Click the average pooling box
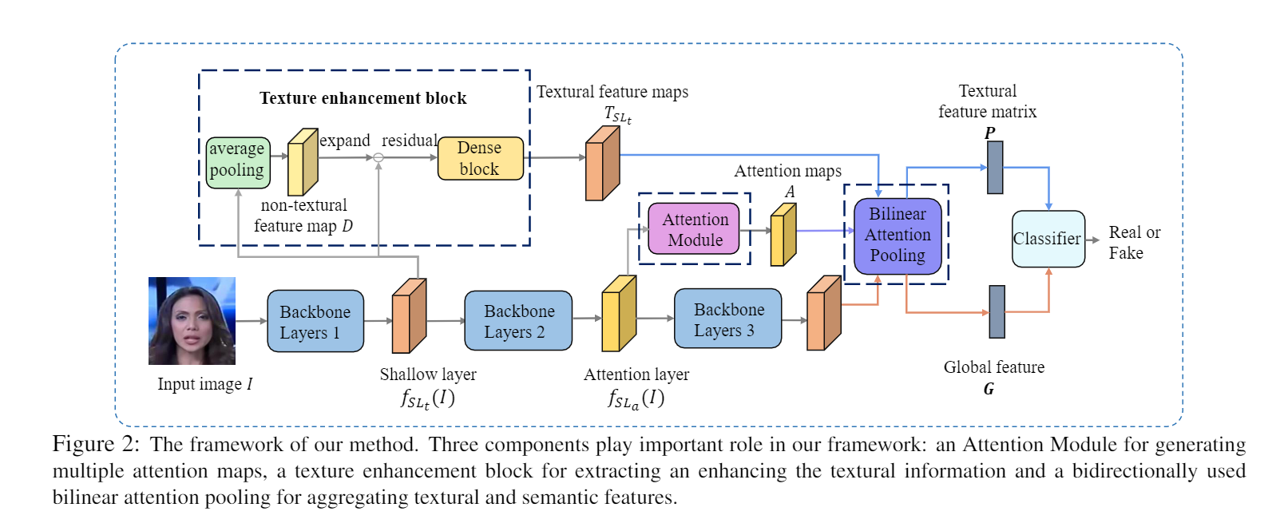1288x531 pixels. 238,162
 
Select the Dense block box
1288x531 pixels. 480,158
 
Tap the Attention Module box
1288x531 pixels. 694,229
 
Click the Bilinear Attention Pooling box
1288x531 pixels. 898,236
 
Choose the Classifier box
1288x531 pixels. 1048,239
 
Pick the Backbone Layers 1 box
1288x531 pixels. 315,322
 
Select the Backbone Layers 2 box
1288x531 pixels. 518,321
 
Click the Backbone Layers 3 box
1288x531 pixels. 727,319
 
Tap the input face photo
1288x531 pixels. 192,320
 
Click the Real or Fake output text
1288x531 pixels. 1133,243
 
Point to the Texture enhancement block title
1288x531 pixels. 363,98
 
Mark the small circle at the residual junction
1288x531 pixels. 378,157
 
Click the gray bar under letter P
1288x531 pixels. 995,168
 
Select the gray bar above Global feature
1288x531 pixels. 997,311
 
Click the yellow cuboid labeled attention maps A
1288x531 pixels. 783,235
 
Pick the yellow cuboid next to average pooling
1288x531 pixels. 302,162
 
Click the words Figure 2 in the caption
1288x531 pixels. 96,445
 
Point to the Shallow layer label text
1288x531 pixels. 428,374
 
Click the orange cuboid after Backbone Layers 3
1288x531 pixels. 823,314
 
